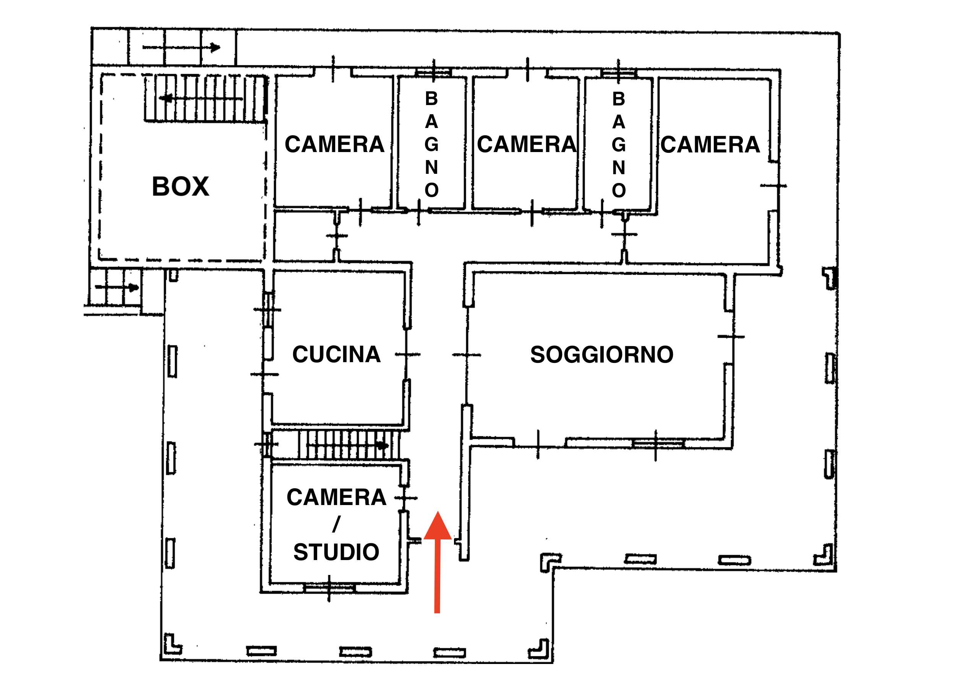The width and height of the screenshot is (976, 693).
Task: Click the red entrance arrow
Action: pos(437,562)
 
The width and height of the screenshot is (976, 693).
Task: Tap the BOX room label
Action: pos(180,186)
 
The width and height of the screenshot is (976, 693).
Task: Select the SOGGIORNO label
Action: pos(602,355)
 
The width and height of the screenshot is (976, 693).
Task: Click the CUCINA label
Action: pos(336,354)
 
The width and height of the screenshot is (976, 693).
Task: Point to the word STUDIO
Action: pos(336,552)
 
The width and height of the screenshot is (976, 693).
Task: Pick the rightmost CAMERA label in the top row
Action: pos(710,144)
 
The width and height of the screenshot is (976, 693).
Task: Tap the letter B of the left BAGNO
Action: pos(431,99)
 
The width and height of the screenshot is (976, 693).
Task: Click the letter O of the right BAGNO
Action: pos(619,190)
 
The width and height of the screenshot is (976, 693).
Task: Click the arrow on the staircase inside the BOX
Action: pos(201,99)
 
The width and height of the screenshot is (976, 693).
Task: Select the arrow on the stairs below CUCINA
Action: pos(348,445)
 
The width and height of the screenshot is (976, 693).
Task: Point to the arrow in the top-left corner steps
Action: pos(182,47)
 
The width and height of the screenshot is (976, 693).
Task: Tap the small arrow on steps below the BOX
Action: pos(117,287)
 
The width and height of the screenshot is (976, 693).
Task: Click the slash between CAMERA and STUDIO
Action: pos(336,525)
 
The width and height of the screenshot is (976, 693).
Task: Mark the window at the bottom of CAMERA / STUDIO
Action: pos(329,588)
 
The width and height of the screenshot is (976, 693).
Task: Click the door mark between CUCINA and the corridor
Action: pos(407,354)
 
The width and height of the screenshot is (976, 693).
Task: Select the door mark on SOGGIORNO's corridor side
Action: pos(467,355)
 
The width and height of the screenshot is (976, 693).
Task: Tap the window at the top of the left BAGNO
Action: pos(434,72)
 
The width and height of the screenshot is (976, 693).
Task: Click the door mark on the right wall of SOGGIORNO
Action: pos(731,337)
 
